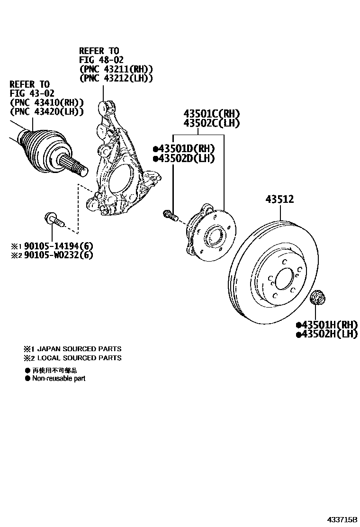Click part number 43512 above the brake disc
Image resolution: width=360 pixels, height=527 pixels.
pos(279,200)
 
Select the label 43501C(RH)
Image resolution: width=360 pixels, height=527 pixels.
pos(212,114)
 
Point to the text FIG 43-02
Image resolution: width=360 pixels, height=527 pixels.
pos(30,93)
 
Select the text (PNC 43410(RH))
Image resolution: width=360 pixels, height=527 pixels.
pos(46,103)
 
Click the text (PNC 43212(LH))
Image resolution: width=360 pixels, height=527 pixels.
pos(116,78)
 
